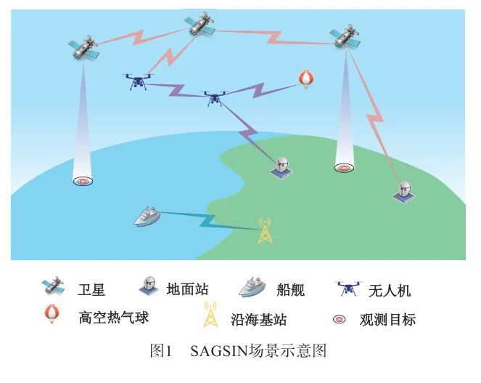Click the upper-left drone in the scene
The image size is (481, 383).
pyautogui.click(x=138, y=81)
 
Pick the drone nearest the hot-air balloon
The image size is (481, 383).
pyautogui.click(x=213, y=97)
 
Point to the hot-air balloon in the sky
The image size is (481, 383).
pyautogui.click(x=307, y=80)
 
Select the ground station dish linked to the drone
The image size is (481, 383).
pyautogui.click(x=281, y=166)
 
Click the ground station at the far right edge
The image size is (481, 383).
pyautogui.click(x=404, y=191)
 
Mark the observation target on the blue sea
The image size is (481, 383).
pyautogui.click(x=83, y=180)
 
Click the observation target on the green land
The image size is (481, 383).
pyautogui.click(x=344, y=168)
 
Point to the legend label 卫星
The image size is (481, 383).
pyautogui.click(x=91, y=290)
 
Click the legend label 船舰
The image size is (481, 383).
pyautogui.click(x=289, y=290)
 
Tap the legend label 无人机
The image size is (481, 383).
pyautogui.click(x=389, y=290)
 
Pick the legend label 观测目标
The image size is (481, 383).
pyautogui.click(x=387, y=319)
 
